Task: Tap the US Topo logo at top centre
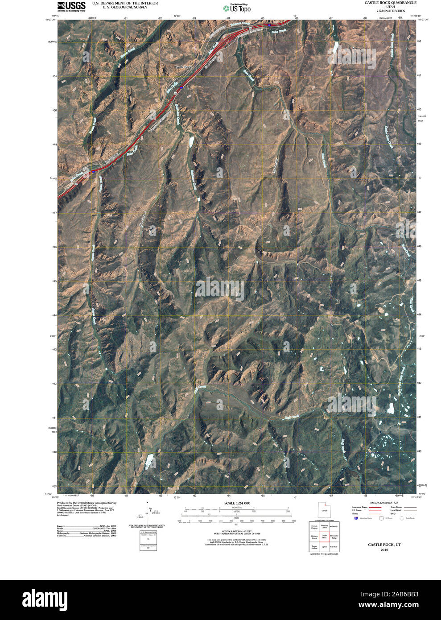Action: [x=237, y=8]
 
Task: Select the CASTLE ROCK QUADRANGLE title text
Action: [x=390, y=3]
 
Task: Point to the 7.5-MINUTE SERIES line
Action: [x=390, y=10]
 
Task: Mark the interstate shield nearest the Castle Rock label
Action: [x=181, y=87]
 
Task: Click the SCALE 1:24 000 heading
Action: [x=237, y=503]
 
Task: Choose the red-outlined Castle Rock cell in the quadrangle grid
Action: [x=324, y=537]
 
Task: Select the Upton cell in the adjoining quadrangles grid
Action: [x=324, y=547]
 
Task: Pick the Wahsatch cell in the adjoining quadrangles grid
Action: [x=334, y=527]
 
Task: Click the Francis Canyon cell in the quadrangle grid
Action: [x=314, y=527]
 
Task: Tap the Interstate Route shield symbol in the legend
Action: [x=355, y=518]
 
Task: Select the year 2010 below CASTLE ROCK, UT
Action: [x=384, y=550]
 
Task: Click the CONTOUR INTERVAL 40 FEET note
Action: [x=237, y=531]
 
